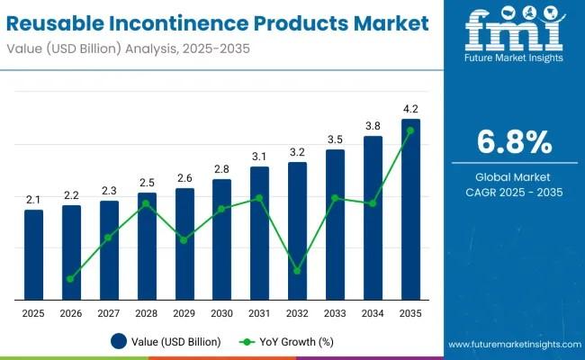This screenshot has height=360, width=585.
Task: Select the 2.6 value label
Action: coord(184,178)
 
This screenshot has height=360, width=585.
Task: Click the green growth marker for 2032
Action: coord(297,271)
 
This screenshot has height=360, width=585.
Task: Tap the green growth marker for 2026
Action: coord(70,279)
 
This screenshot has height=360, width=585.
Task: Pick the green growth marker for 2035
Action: coord(410,130)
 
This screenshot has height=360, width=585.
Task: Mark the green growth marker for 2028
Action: coord(146,203)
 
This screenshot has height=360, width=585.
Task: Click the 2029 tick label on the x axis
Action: coord(184,312)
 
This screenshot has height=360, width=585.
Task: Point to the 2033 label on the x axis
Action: coord(335,312)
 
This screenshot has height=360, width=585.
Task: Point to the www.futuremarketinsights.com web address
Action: coord(513,345)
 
